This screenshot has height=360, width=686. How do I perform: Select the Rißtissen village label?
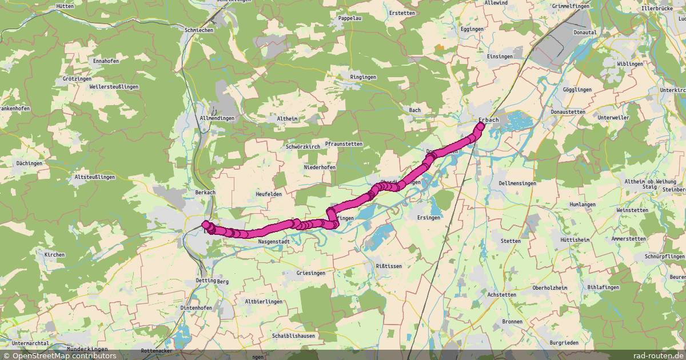tap(389, 266)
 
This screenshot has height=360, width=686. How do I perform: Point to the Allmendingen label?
tap(217, 118)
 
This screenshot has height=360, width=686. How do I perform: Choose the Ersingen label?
tap(429, 218)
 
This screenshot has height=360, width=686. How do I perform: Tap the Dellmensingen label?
tap(517, 183)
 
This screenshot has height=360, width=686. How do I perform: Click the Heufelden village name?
tap(269, 194)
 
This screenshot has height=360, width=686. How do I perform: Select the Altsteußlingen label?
tap(95, 177)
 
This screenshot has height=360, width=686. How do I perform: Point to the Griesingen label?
tap(311, 273)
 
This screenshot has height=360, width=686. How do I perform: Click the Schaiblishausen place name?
tap(294, 336)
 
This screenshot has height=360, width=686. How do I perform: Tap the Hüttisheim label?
tap(575, 240)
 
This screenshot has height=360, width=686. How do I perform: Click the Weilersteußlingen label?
tap(114, 87)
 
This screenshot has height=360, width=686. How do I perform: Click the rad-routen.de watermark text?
tap(659, 355)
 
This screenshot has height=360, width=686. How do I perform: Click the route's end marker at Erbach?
tap(478, 127)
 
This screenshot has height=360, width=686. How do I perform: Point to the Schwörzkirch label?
tap(303, 147)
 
